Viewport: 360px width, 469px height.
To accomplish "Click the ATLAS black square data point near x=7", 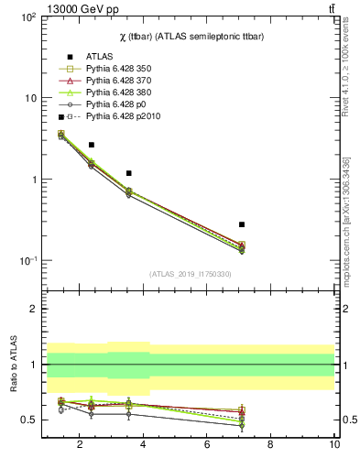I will click(x=242, y=224).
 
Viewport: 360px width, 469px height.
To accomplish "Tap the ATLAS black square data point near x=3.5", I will click(x=129, y=173).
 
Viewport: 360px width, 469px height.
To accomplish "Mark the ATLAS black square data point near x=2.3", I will click(x=91, y=145).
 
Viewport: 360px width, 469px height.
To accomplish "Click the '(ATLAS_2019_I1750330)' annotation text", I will click(x=190, y=274).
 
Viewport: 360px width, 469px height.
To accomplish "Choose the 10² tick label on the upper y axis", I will click(x=27, y=17).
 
